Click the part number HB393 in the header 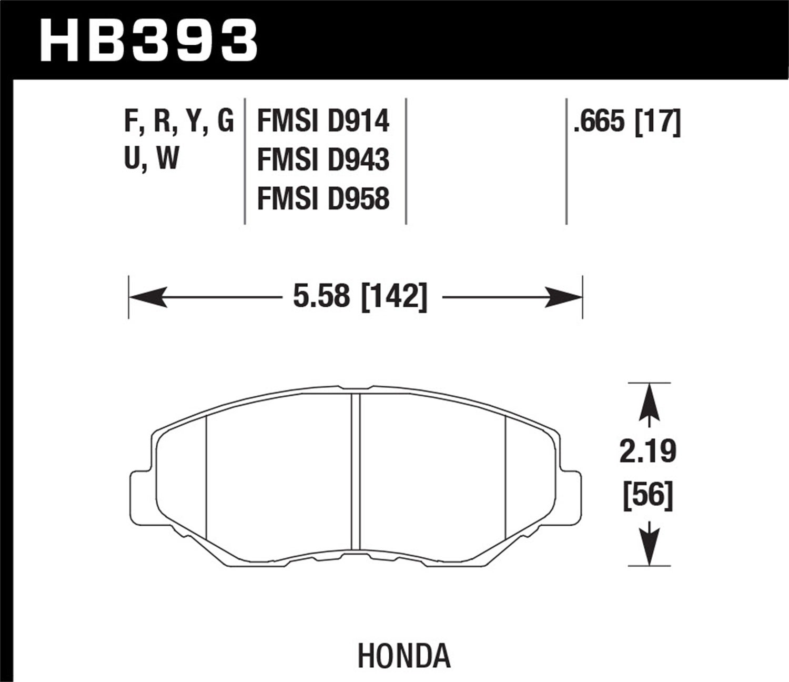point(148,39)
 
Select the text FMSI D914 point(323,121)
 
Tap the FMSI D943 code point(323,160)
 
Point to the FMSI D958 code point(323,199)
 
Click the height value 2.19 point(648,452)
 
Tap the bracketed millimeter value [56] point(648,496)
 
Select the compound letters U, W point(151,157)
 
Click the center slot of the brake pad point(356,474)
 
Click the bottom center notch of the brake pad point(356,557)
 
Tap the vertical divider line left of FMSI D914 point(245,161)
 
